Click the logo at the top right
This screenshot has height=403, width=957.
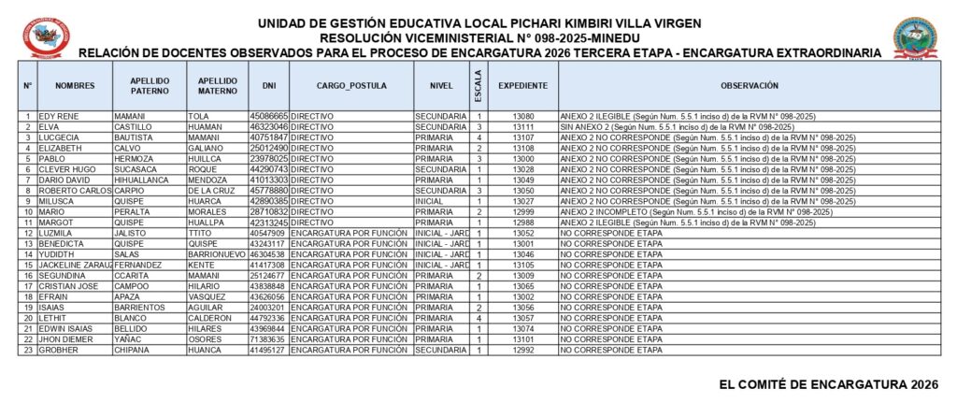pos(915,37)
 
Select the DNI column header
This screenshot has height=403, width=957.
pos(269,85)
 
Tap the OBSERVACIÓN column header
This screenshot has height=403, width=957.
pos(750,85)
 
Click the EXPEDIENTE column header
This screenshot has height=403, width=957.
pos(522,85)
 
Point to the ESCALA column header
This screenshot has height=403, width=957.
pos(478,85)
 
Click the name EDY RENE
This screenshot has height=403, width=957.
pos(59,116)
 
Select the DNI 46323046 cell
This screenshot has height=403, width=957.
pos(268,126)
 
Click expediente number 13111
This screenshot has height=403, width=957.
pos(522,126)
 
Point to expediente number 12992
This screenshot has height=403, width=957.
pos(522,351)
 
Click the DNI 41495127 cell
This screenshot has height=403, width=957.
pos(268,351)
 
